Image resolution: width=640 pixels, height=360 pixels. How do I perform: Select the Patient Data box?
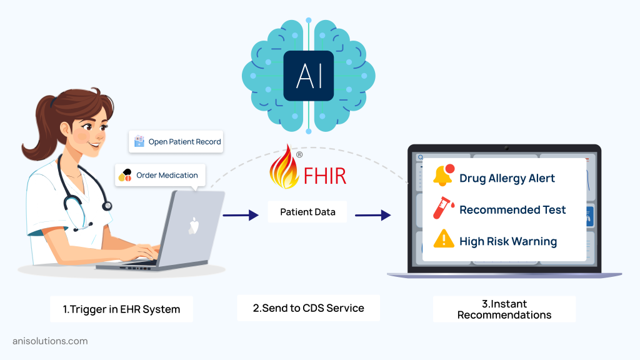pyautogui.click(x=307, y=212)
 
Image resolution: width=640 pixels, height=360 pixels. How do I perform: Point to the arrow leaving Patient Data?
pyautogui.click(x=373, y=216)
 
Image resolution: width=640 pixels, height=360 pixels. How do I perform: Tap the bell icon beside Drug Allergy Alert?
pyautogui.click(x=443, y=176)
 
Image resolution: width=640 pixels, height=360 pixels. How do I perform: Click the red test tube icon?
pyautogui.click(x=444, y=207)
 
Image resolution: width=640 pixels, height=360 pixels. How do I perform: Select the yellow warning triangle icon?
pyautogui.click(x=444, y=239)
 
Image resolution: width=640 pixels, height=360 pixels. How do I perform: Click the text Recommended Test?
pyautogui.click(x=512, y=210)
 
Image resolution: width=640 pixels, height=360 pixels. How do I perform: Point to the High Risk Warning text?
pyautogui.click(x=507, y=241)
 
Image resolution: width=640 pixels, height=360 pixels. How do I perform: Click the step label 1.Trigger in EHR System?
pyautogui.click(x=121, y=309)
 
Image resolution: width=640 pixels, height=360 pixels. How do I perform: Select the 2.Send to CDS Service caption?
pyautogui.click(x=308, y=307)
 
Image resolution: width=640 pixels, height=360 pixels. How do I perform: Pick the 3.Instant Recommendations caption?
pyautogui.click(x=504, y=309)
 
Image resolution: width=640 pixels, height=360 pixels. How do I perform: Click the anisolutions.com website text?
pyautogui.click(x=50, y=341)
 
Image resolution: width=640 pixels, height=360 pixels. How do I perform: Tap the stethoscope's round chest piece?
pyautogui.click(x=107, y=205)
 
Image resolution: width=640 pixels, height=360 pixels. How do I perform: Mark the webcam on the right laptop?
pyautogui.click(x=505, y=149)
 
